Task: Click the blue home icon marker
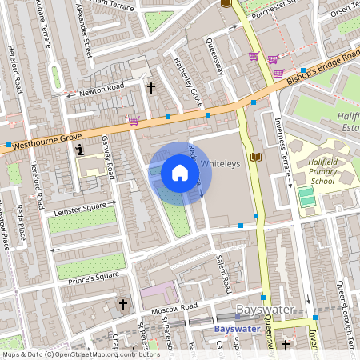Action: [180, 173]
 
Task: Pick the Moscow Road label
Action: [177, 306]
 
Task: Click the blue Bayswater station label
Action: [238, 328]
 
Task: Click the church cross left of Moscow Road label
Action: [122, 304]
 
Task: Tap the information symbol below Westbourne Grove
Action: [78, 149]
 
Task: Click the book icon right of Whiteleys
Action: [255, 157]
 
